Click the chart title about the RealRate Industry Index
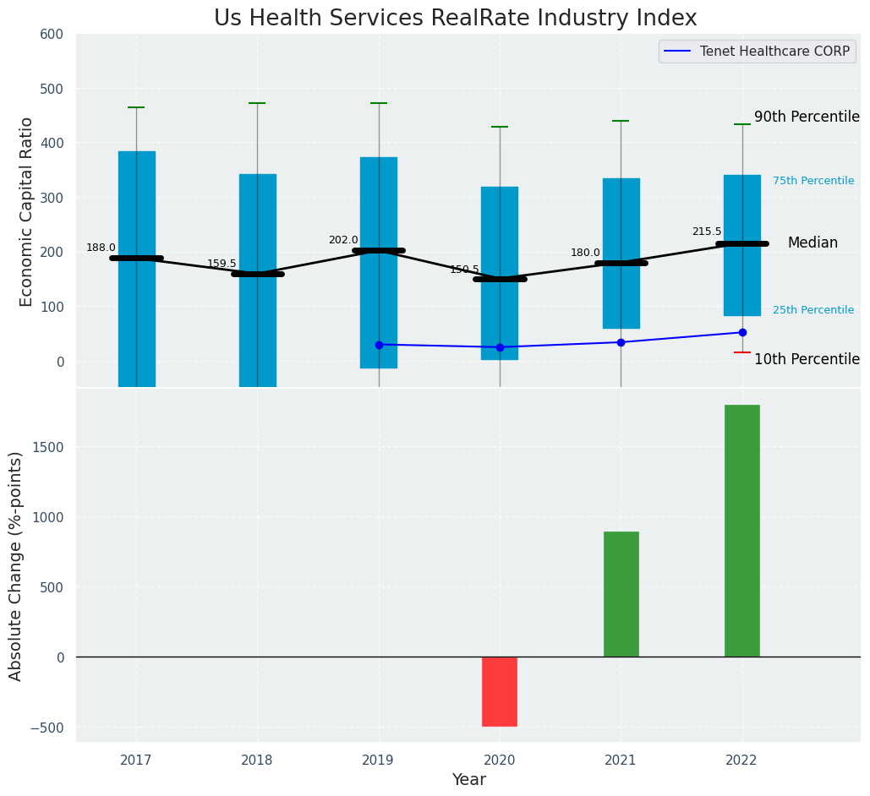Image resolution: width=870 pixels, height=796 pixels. (x=455, y=19)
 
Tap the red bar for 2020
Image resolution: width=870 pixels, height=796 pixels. (x=499, y=691)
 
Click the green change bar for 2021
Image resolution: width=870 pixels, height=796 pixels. (x=621, y=594)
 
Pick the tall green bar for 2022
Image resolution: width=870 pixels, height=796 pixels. (x=741, y=531)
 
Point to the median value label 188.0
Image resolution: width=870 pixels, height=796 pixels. (x=101, y=248)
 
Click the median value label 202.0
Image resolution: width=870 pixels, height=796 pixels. (x=343, y=240)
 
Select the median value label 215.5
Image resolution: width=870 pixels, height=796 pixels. (x=707, y=232)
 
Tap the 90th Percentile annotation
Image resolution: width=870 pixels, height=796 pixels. (x=807, y=117)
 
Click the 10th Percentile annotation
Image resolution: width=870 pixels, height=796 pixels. (x=807, y=359)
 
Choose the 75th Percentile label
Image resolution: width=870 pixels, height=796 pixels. (x=813, y=181)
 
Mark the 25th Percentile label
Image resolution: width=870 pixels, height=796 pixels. (x=813, y=310)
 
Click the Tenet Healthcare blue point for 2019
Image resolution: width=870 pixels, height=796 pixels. (x=379, y=345)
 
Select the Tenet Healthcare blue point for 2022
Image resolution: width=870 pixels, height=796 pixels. (x=742, y=332)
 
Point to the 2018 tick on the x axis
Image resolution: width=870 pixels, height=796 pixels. (x=257, y=761)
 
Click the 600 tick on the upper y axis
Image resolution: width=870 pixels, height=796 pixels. (x=52, y=34)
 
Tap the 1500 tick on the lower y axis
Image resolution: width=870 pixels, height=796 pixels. (x=48, y=447)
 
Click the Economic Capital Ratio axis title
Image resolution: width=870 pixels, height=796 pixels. (x=27, y=211)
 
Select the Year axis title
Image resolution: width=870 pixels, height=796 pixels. (x=468, y=780)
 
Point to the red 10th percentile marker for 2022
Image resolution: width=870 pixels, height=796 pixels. (x=741, y=352)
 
